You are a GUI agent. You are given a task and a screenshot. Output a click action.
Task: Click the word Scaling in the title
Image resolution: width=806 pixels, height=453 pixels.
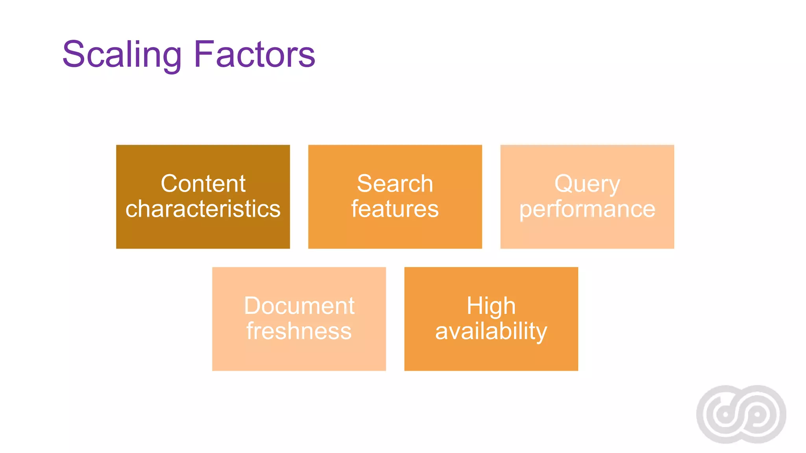(122, 55)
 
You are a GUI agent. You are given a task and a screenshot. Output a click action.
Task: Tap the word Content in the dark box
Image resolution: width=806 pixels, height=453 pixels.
(203, 184)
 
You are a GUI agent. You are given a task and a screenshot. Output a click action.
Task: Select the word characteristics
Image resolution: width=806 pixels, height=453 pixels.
(203, 209)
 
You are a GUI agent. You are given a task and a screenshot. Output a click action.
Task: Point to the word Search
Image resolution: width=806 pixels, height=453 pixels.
(395, 184)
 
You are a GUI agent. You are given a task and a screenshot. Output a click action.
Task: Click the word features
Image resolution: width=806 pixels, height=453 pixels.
(395, 209)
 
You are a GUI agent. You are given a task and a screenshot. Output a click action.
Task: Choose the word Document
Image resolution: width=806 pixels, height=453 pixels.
(299, 306)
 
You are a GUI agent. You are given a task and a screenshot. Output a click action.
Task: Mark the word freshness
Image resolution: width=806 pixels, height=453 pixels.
(299, 331)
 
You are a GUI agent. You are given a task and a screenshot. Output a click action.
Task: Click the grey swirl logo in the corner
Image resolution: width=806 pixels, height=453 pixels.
(741, 414)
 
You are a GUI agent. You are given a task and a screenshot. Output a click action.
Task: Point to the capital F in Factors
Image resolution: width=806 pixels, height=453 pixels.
(204, 54)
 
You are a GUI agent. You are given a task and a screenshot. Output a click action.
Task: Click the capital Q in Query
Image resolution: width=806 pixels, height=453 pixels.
(564, 184)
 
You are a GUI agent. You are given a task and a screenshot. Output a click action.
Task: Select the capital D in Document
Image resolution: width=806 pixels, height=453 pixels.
(253, 306)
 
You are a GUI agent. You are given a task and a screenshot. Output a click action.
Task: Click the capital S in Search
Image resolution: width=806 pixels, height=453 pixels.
(366, 184)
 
